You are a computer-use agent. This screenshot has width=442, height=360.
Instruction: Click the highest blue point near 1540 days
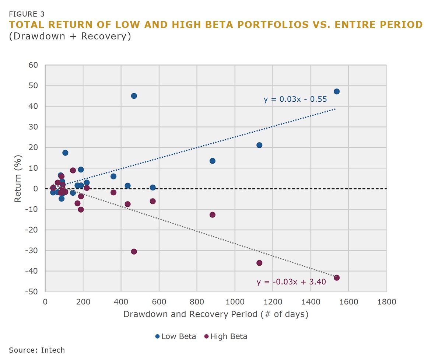tap(336, 91)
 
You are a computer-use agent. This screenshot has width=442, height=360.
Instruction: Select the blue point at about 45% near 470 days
tap(134, 96)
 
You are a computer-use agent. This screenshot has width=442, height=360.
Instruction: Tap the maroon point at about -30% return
tap(134, 251)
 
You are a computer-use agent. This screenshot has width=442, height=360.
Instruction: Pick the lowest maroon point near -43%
tap(336, 277)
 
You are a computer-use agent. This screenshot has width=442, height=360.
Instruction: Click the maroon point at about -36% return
tap(259, 263)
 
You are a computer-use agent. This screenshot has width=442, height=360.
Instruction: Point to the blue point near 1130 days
tap(259, 145)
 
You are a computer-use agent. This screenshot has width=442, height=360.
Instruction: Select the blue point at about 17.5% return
tap(65, 153)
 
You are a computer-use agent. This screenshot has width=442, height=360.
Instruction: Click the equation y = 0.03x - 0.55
tap(295, 99)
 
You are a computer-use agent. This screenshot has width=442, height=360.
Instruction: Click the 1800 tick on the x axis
tap(386, 302)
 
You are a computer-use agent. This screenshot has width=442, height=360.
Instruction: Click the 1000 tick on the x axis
tap(235, 302)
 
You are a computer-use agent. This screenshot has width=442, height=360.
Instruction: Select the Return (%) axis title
tap(18, 178)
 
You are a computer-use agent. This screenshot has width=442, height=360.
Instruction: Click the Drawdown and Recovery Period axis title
tap(215, 314)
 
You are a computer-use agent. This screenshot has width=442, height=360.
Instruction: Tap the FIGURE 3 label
tap(27, 14)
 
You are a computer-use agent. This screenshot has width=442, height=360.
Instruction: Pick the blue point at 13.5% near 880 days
tap(212, 161)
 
